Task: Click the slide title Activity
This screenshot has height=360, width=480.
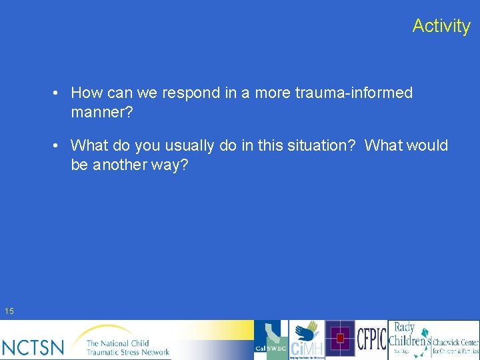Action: (441, 26)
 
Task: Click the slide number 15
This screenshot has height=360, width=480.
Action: (9, 311)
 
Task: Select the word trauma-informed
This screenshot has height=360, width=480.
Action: (354, 93)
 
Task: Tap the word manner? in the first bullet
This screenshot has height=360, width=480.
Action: (102, 113)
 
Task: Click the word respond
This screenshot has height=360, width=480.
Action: (193, 93)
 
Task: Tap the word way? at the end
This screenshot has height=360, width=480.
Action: (170, 165)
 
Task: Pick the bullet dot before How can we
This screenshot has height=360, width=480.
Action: (59, 93)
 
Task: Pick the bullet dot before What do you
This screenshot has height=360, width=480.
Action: (59, 145)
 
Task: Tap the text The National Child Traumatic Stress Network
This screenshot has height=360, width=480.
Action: (127, 347)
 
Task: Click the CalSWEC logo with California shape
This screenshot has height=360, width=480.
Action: (271, 340)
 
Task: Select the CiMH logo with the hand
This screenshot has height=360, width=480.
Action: (307, 340)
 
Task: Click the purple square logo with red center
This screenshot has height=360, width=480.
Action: (340, 339)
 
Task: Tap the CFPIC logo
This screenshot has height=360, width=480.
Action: (371, 339)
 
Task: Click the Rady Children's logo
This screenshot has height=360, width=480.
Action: (409, 339)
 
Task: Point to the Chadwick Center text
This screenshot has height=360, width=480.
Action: (455, 345)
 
